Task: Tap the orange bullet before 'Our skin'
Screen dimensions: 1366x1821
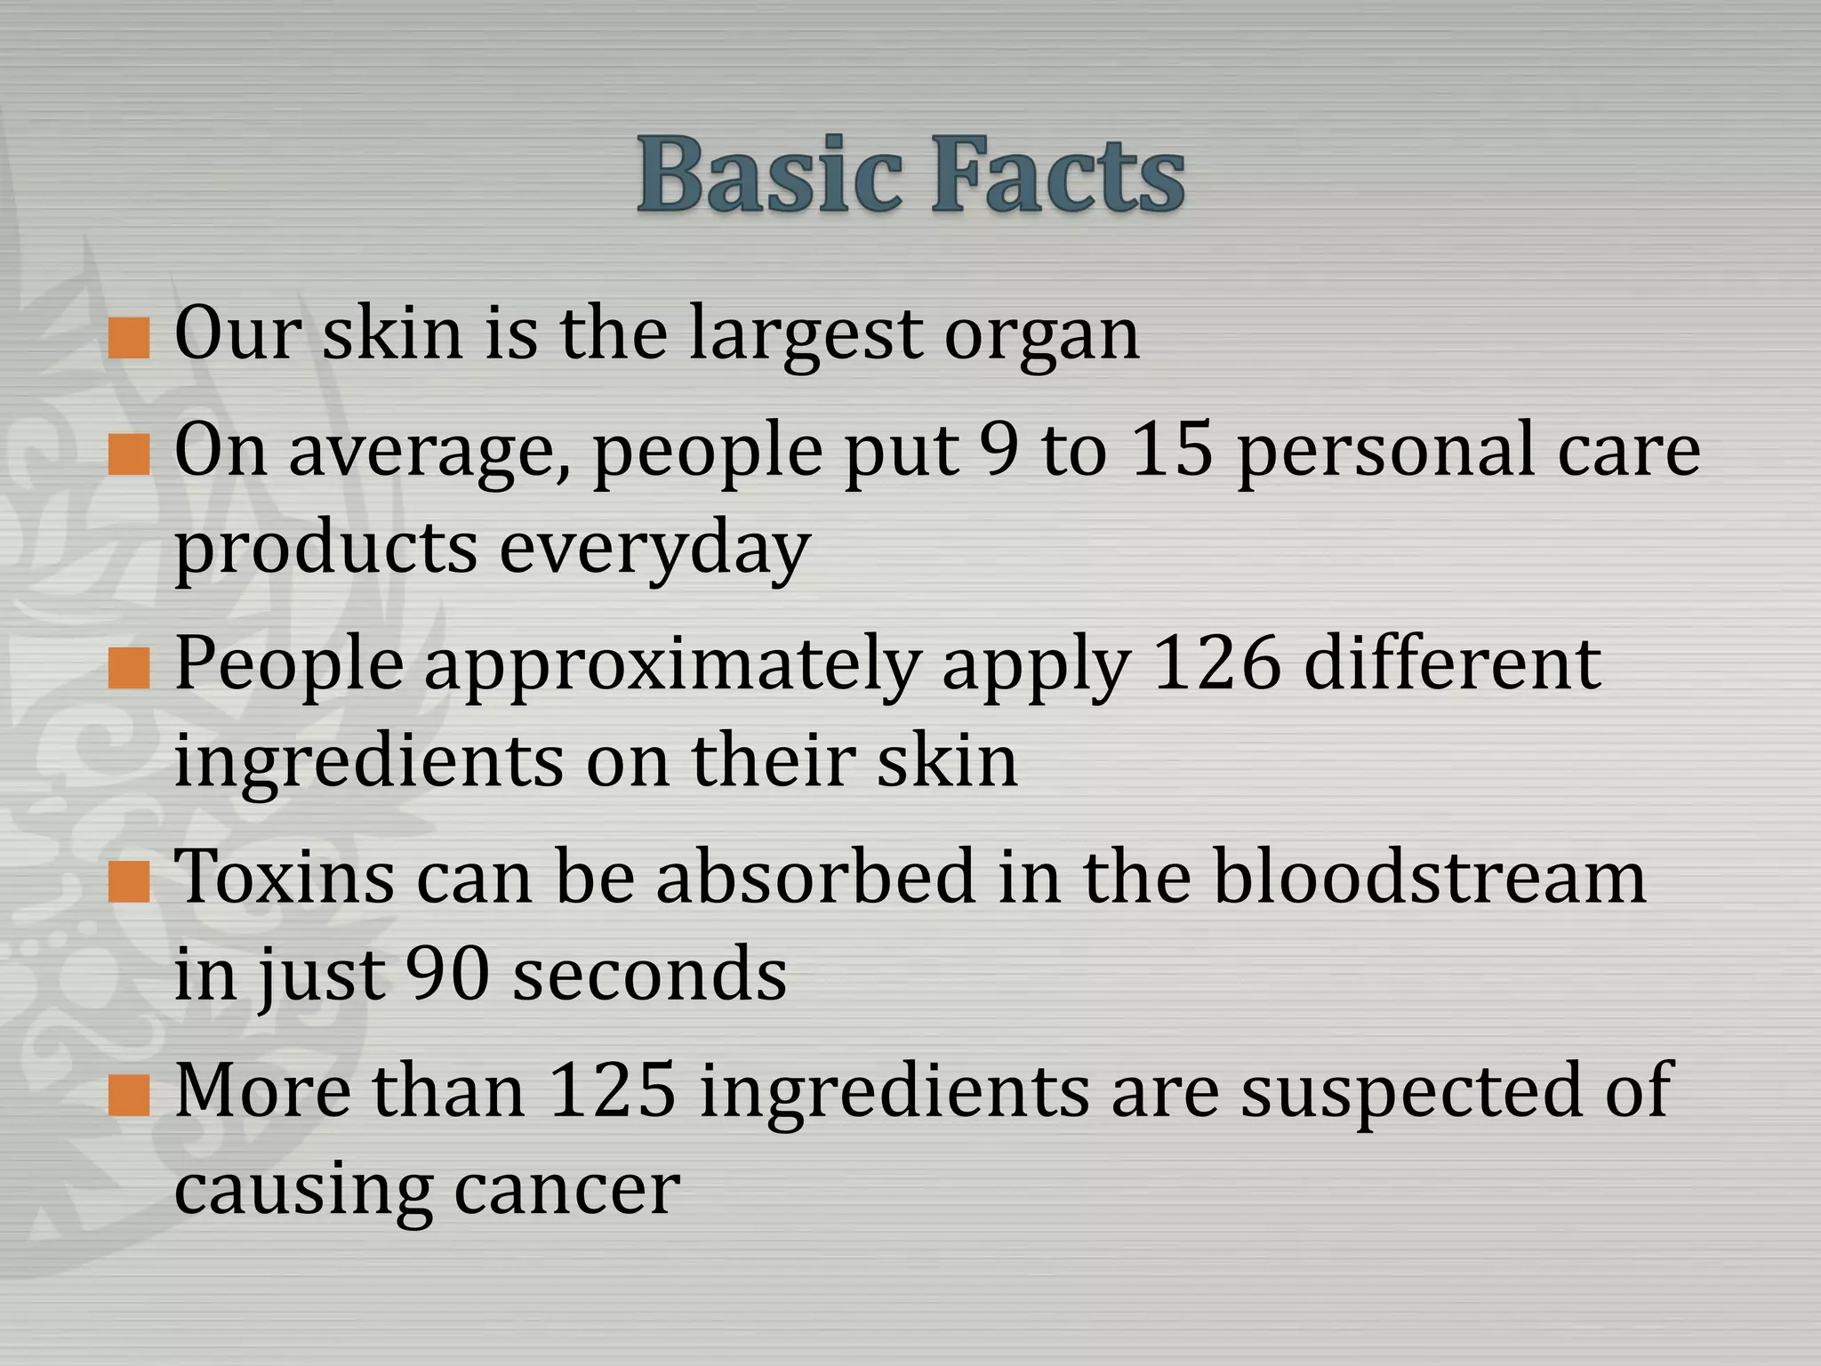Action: [128, 339]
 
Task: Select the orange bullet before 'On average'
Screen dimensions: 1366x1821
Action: [128, 455]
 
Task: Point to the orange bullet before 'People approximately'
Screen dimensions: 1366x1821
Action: [128, 669]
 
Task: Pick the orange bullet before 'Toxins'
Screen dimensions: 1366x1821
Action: [128, 882]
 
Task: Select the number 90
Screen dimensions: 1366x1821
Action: [446, 975]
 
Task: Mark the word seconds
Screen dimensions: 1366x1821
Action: [650, 975]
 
